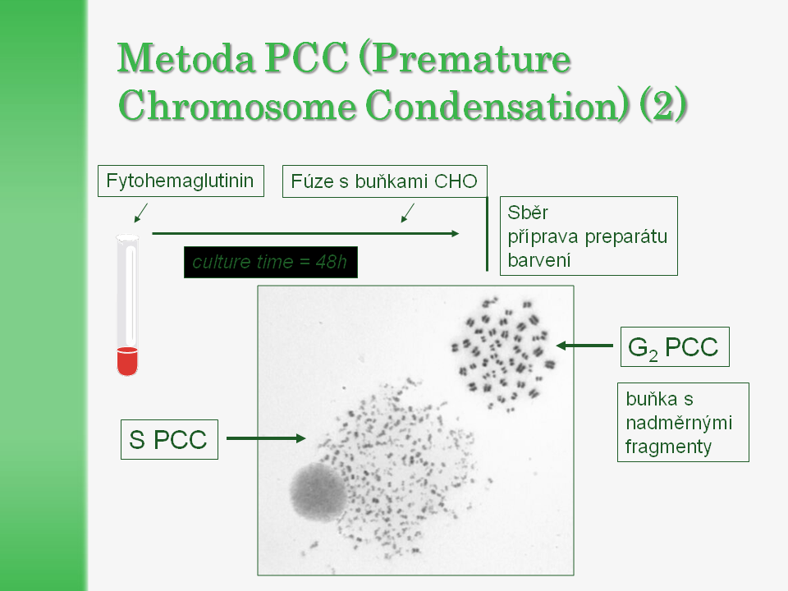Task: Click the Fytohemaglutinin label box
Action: point(181,181)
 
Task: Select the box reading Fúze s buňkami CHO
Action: point(384,181)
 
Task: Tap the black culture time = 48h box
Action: point(270,262)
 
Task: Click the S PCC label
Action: point(169,439)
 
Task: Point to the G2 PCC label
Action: point(675,346)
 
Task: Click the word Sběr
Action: point(528,213)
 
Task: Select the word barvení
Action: point(539,260)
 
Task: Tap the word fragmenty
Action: point(668,447)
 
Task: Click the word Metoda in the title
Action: point(186,59)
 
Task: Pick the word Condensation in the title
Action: point(497,106)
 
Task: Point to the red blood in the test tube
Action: point(127,361)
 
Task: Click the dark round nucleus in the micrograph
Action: point(318,492)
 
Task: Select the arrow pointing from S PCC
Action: point(266,438)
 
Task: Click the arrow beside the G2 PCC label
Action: point(584,346)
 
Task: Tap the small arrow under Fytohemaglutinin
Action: point(141,213)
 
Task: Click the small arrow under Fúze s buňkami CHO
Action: point(408,213)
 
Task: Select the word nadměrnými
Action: point(679,424)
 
